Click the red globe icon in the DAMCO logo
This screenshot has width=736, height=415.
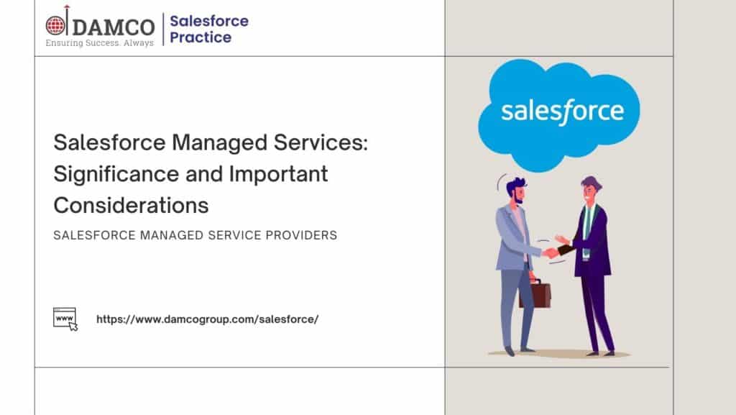coord(55,25)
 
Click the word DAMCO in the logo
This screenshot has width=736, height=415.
coord(114,27)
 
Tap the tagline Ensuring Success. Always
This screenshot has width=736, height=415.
coord(99,42)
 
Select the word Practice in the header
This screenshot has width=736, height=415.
coord(201,37)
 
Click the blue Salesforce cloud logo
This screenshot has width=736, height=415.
coord(558,114)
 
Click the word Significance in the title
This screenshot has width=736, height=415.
coord(116,175)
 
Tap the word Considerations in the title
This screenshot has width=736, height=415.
coord(131,205)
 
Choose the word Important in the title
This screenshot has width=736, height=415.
coord(278,174)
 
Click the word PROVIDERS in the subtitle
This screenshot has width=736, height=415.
coord(301,235)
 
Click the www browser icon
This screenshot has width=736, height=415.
coord(65,319)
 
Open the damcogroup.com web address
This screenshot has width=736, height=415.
coord(208,319)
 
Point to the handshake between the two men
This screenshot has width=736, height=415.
coord(551,253)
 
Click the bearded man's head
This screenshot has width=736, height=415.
coord(516,190)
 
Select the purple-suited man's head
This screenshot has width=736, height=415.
coord(591,189)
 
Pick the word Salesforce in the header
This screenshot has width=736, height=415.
coord(209,21)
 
